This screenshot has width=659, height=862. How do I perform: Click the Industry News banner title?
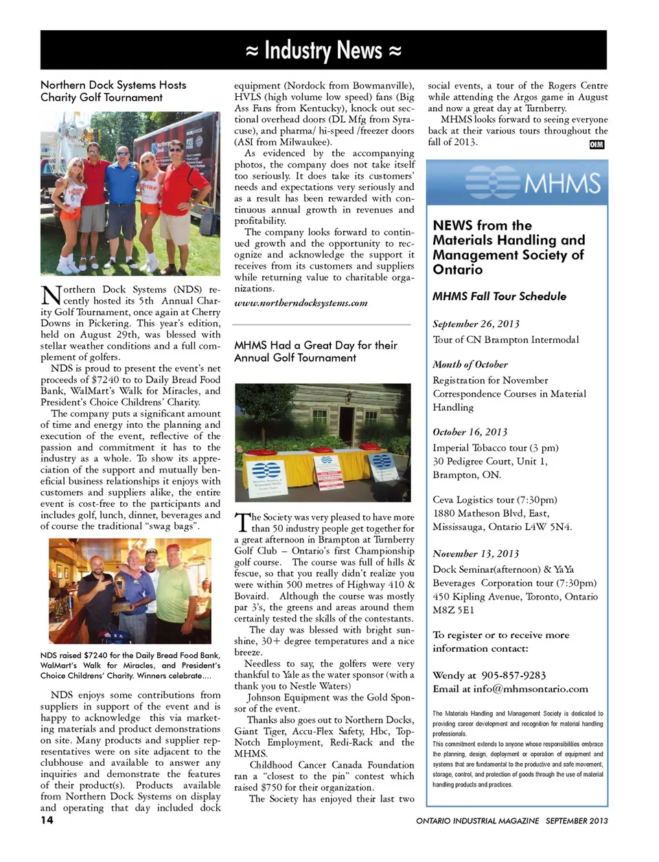tap(323, 51)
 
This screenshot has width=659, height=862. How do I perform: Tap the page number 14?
tap(47, 819)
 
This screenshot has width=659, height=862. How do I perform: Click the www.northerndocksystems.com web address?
tap(301, 303)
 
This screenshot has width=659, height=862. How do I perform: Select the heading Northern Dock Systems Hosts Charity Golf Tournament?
tap(113, 91)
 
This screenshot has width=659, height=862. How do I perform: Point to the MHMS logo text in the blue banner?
tap(562, 183)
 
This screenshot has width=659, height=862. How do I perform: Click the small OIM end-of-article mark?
tap(597, 144)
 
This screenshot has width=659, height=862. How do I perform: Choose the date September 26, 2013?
tap(476, 324)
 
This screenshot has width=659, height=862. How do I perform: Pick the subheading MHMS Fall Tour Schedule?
tap(499, 296)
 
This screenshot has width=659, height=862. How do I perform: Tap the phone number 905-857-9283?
tap(513, 675)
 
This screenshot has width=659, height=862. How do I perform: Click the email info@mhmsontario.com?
tap(533, 689)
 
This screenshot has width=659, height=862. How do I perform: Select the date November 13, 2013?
tap(476, 554)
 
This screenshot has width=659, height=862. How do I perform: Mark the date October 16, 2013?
tap(470, 432)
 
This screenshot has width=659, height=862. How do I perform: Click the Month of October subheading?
tap(470, 365)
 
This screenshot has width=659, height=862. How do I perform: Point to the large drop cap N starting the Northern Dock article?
tap(51, 295)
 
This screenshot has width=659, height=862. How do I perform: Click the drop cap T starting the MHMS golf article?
tap(242, 523)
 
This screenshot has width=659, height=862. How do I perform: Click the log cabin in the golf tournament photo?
tap(323, 412)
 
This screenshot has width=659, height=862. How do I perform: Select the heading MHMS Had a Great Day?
tap(315, 351)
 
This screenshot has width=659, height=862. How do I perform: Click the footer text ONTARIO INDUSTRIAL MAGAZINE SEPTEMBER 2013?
tap(511, 821)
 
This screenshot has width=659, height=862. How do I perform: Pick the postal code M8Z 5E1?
tap(453, 610)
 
